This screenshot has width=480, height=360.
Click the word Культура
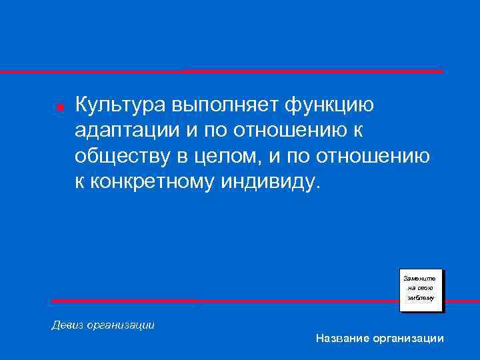point(118,105)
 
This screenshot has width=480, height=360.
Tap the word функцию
point(330,105)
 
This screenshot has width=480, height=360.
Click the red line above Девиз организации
point(220,301)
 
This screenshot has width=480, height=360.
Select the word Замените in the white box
point(421,277)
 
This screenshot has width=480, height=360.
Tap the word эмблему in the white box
point(421,298)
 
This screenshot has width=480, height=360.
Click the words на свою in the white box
point(421,287)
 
